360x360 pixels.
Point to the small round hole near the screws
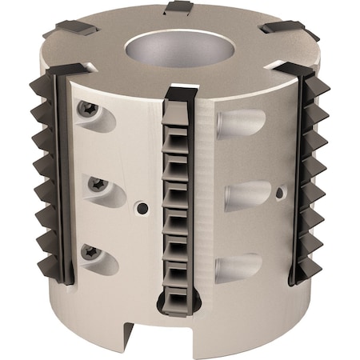pos(142,207)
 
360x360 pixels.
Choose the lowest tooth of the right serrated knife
pos(316,260)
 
